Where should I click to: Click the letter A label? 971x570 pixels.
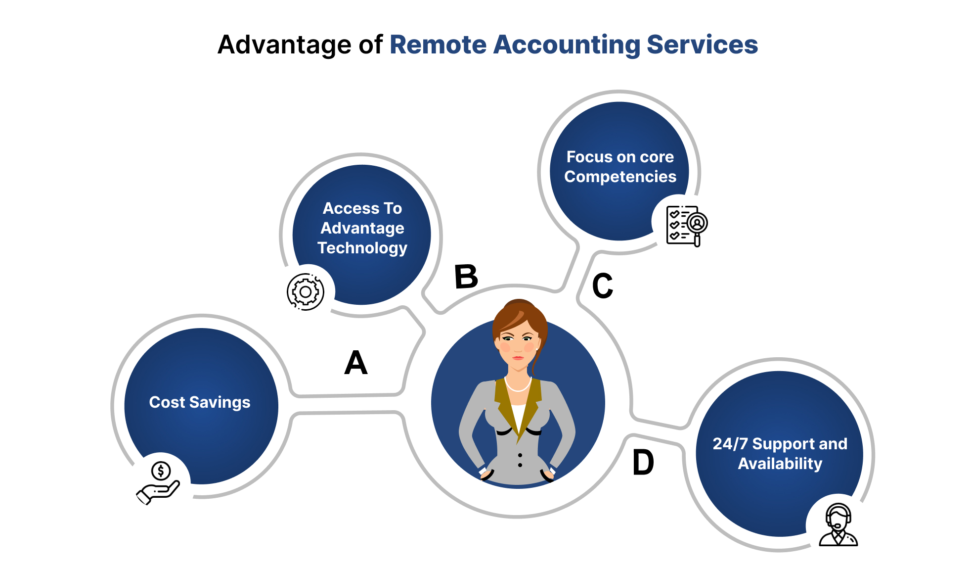click(x=355, y=363)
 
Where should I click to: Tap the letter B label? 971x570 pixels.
click(x=466, y=277)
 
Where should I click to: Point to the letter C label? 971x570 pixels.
click(x=603, y=286)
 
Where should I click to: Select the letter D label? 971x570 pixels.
click(x=643, y=463)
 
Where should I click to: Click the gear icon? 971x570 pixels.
click(x=306, y=292)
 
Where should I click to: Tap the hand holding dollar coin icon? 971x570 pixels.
click(x=158, y=482)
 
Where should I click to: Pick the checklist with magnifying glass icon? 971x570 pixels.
click(x=686, y=226)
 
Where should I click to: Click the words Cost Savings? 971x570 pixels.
click(x=200, y=402)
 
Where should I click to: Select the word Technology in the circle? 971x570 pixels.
click(x=362, y=248)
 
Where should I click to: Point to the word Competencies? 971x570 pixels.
click(x=620, y=177)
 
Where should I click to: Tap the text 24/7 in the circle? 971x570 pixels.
click(x=730, y=444)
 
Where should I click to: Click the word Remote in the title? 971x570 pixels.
click(x=438, y=45)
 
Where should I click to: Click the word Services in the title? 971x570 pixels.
click(x=702, y=45)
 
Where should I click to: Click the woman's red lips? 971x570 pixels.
click(x=518, y=357)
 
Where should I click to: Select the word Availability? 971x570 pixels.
click(x=780, y=464)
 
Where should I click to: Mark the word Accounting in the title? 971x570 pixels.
click(x=567, y=45)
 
